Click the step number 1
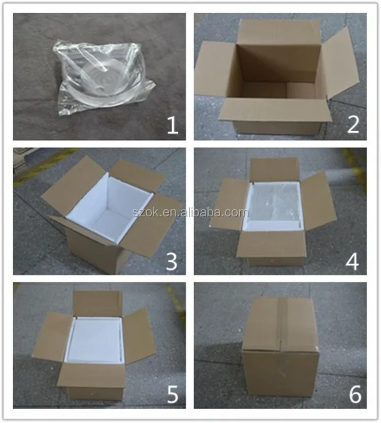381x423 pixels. (172, 124)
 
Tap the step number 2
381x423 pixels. (353, 124)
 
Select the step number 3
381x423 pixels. (172, 260)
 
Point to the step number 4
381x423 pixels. (353, 260)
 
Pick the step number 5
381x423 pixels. (172, 394)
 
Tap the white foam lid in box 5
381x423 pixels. (97, 341)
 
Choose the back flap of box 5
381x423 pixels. (98, 304)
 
